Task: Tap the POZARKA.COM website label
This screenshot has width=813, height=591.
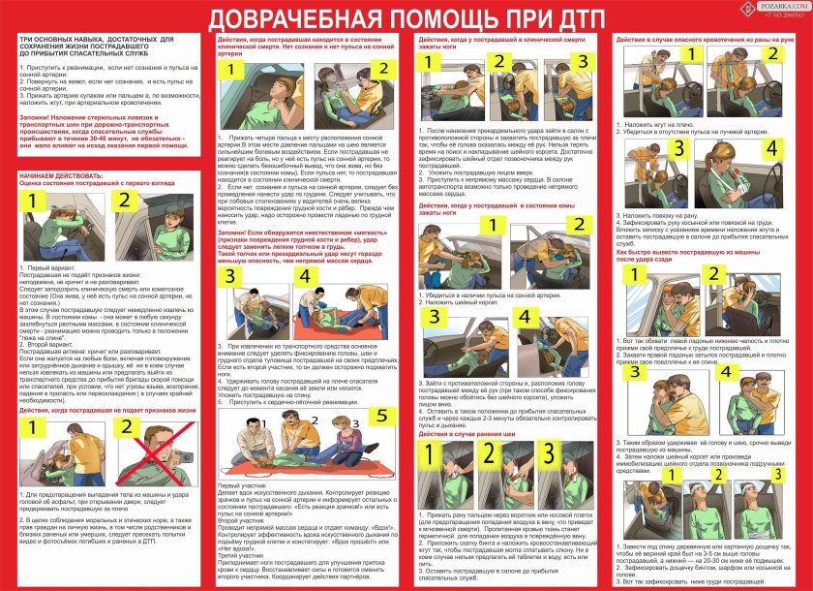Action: pyautogui.click(x=778, y=7)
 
